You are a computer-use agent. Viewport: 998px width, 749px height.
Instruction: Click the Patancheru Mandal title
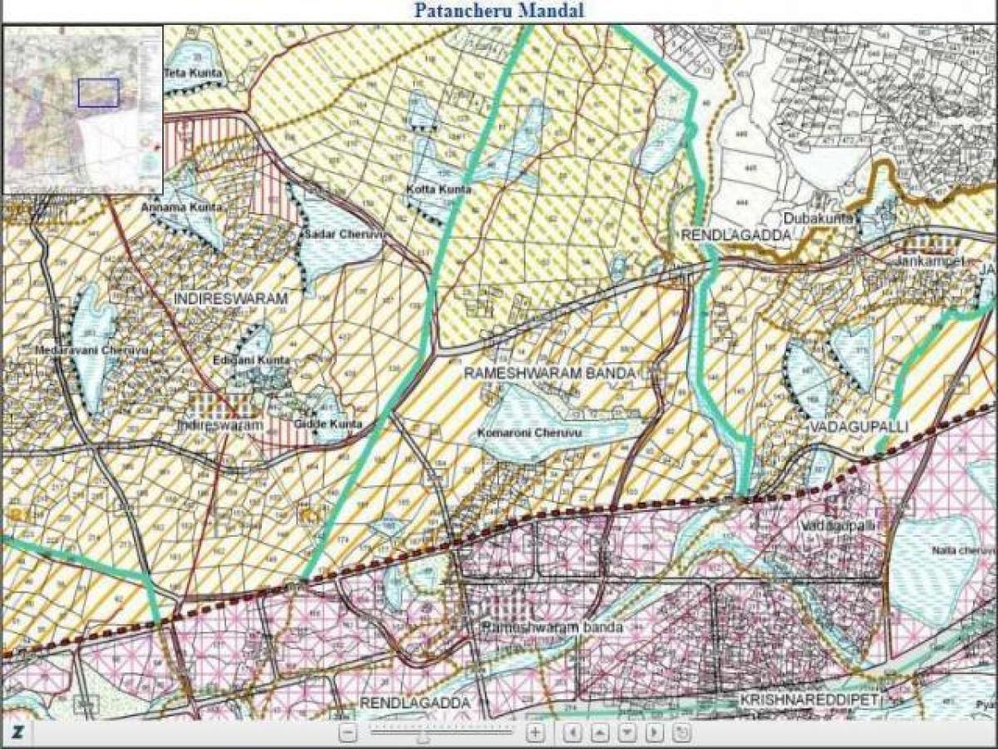tap(499, 11)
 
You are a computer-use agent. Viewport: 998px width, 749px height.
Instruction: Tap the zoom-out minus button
tap(349, 733)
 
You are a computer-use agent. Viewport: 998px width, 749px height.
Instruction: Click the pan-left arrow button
tap(572, 733)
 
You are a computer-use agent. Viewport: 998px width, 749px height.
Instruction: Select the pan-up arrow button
tap(600, 733)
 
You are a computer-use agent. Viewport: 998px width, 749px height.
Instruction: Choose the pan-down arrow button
tap(627, 733)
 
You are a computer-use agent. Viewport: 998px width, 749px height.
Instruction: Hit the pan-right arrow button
tap(655, 733)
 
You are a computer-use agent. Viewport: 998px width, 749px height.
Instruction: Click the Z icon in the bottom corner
tap(17, 732)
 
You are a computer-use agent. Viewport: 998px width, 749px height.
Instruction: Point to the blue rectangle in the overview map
tap(99, 92)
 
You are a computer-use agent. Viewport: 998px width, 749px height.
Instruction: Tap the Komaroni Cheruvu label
tap(529, 434)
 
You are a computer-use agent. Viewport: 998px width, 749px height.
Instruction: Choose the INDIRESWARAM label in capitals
tap(231, 297)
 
